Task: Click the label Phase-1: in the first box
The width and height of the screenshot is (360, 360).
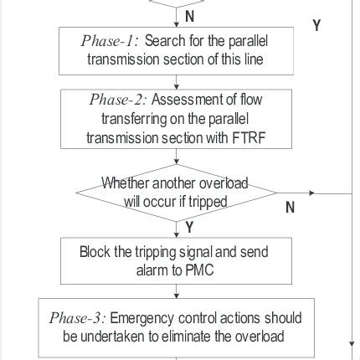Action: click(x=112, y=41)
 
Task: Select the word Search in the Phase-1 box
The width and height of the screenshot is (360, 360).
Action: click(x=166, y=41)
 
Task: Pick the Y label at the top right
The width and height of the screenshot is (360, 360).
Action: click(x=317, y=26)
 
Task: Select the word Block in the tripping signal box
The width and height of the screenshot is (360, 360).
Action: click(x=94, y=251)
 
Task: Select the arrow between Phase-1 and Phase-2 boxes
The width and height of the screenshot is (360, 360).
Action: click(x=177, y=81)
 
